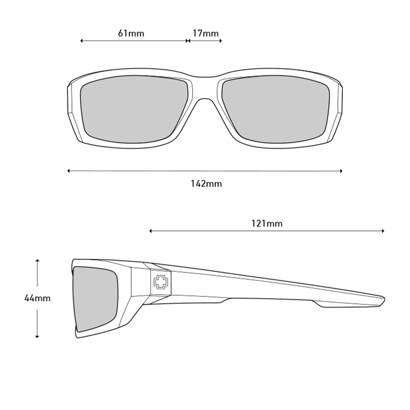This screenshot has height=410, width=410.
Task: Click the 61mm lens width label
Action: [x=131, y=34]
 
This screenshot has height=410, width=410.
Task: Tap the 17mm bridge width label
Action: [x=205, y=34]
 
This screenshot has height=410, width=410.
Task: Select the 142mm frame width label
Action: [x=206, y=184]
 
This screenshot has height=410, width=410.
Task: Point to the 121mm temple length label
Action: [x=267, y=223]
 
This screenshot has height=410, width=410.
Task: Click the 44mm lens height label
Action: [x=37, y=298]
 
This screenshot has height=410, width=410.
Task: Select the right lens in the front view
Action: [x=275, y=109]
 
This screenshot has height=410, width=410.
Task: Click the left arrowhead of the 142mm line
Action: [x=69, y=171]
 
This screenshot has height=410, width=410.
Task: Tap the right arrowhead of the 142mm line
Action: [x=341, y=171]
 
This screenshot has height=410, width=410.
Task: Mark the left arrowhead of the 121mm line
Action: [x=151, y=231]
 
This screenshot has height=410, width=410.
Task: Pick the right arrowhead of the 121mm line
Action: [x=383, y=231]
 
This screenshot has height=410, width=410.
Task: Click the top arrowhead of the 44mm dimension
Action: [x=37, y=261]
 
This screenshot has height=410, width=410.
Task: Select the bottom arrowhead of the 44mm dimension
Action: [x=37, y=336]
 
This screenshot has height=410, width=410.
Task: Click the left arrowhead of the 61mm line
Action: [x=82, y=41]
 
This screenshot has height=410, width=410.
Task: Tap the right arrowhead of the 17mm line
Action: [x=221, y=41]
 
